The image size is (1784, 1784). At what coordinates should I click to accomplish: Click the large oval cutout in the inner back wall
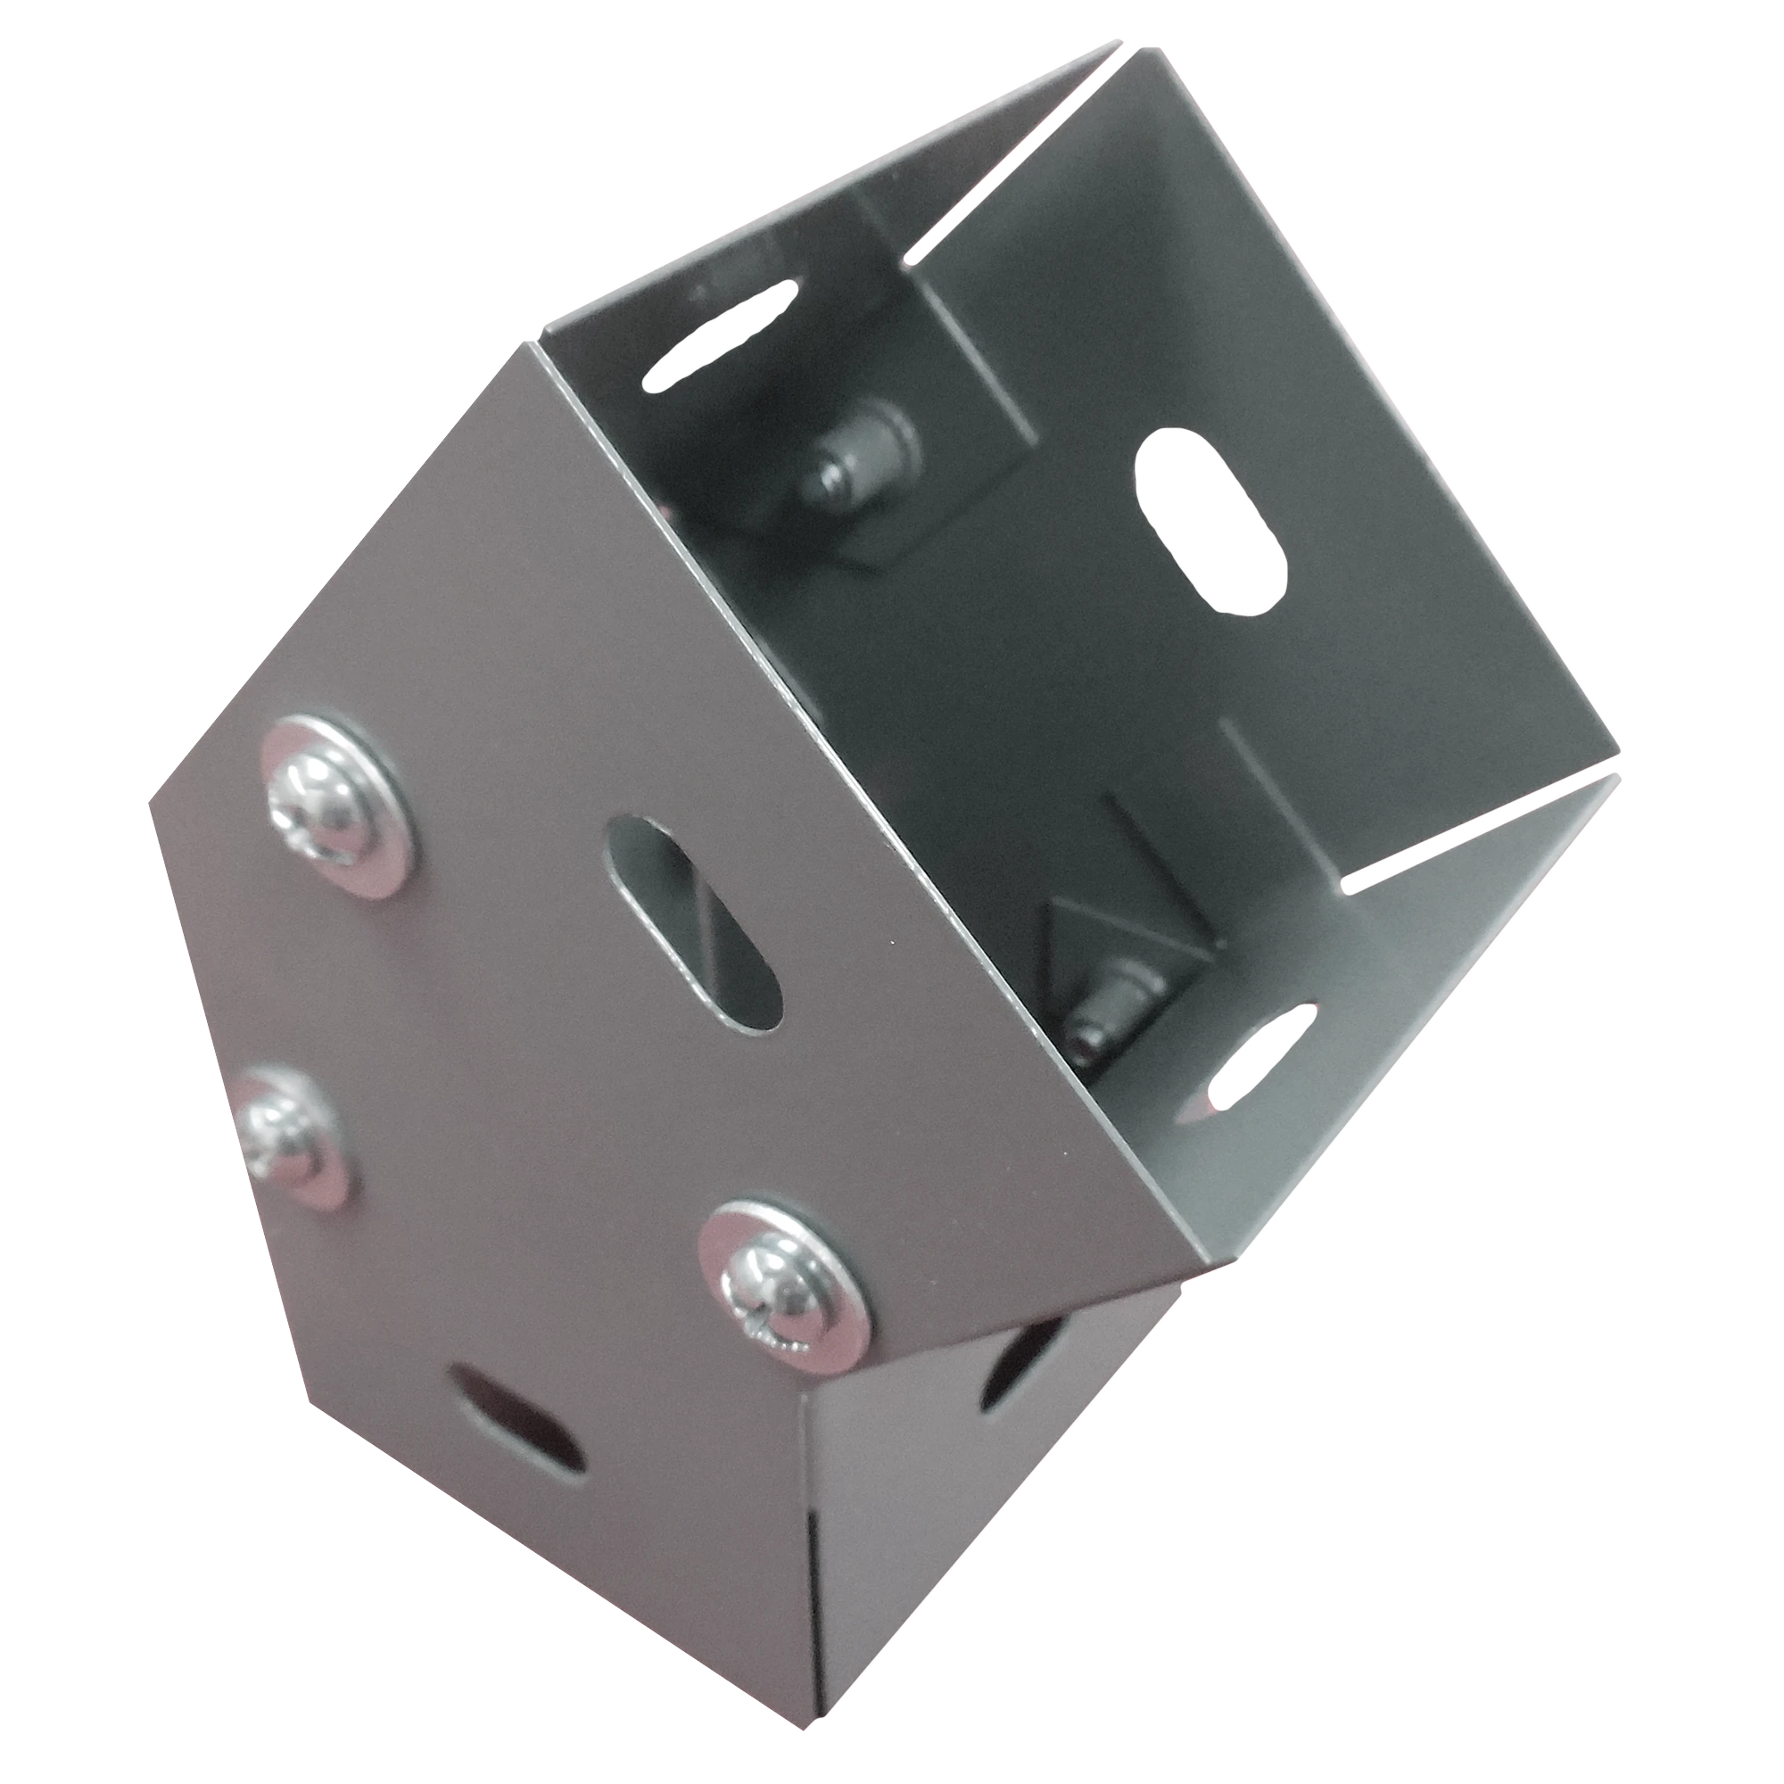point(1210,522)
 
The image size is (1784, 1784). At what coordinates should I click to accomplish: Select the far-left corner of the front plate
point(151,804)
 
